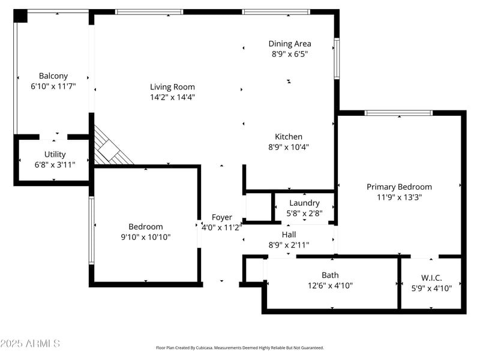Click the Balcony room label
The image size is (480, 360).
point(53,76)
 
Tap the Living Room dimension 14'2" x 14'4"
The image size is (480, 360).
point(172,97)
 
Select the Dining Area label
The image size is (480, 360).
point(289,44)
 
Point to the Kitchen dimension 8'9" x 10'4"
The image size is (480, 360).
point(289,147)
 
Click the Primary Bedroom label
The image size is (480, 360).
point(399,187)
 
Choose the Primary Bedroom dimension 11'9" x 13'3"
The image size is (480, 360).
point(399,197)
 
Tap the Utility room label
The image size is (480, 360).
point(55,154)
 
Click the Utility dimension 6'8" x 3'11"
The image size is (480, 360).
point(55,164)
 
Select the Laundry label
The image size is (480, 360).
point(304,203)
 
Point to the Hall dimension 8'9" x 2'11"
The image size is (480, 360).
point(289,244)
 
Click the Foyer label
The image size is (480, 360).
point(221,217)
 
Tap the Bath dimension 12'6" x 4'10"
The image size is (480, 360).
point(330,286)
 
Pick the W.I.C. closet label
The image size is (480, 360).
point(431,278)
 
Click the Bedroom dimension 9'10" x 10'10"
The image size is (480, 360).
point(146,237)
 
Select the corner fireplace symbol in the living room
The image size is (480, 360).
point(111,147)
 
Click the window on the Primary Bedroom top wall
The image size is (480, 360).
point(398,113)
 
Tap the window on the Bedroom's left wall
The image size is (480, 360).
point(91,231)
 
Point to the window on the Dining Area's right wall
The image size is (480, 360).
point(337,59)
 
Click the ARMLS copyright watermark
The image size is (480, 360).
point(30,344)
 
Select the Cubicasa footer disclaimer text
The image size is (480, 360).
point(240,347)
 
